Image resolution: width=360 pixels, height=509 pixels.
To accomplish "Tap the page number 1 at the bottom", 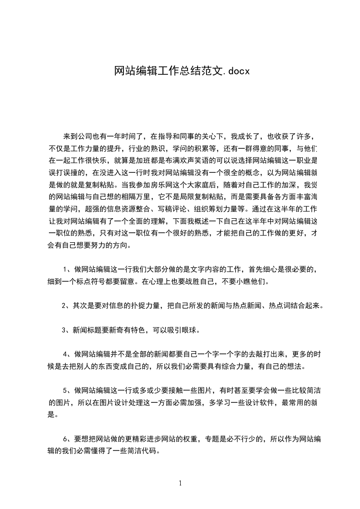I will tap(180, 483).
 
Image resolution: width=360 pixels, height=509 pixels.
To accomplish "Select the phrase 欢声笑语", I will tap(187, 161).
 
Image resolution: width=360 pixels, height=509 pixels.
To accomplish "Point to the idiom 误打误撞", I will tap(64, 172).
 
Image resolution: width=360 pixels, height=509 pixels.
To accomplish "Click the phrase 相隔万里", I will tap(151, 197).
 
